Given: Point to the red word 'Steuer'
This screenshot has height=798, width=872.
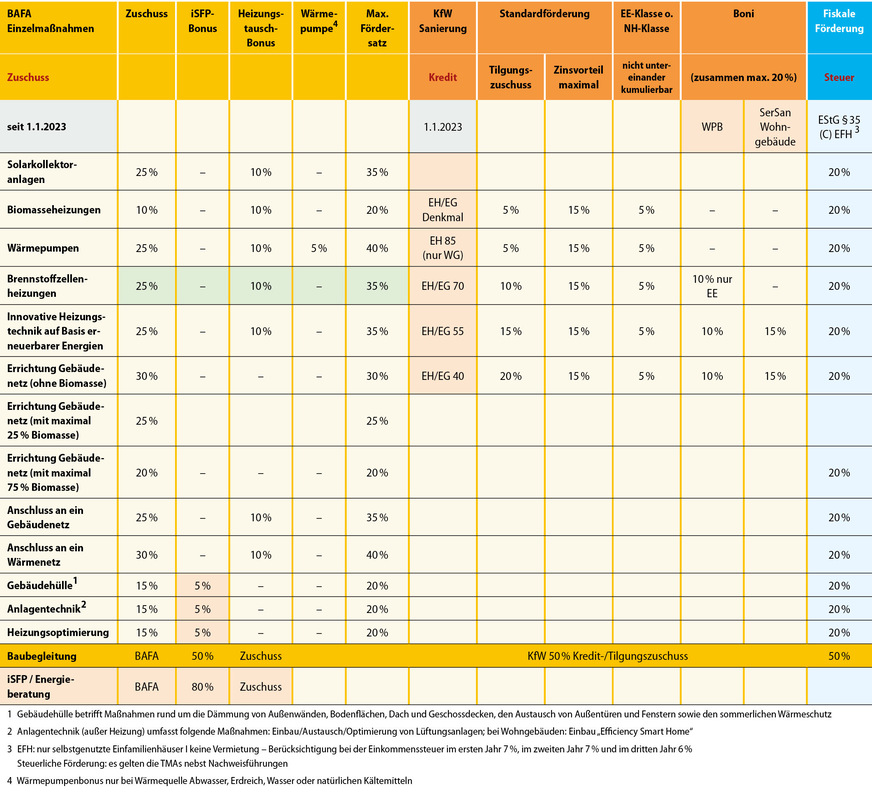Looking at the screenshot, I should pos(839,76).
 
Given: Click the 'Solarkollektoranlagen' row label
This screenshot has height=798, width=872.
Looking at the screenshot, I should pos(42,171).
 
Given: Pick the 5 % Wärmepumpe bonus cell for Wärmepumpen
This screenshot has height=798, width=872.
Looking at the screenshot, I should pos(318,248).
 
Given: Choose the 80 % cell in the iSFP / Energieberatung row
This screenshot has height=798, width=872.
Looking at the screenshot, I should pos(203,687).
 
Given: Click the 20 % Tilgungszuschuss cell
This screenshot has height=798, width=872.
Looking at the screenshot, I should pos(510,376).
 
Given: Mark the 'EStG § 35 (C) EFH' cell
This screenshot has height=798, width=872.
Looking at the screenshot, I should pos(838,127).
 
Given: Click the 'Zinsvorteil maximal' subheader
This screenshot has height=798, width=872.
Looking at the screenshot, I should pos(578,77).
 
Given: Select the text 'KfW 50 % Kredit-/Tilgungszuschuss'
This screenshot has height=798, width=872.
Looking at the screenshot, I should pos(606,657).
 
